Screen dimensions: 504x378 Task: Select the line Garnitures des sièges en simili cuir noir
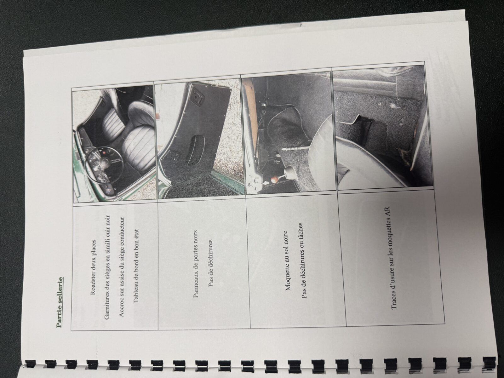tap(107, 267)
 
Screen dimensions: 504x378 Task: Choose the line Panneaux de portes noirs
tap(196, 264)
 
